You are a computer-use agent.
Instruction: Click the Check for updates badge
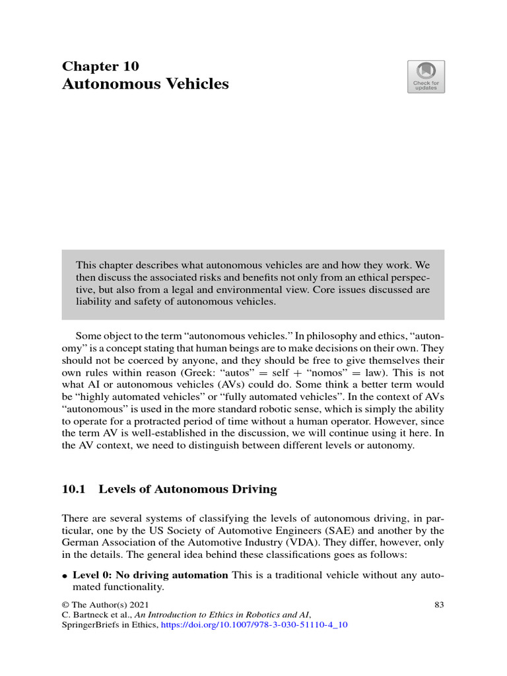tap(426, 77)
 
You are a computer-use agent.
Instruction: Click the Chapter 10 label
tap(100, 66)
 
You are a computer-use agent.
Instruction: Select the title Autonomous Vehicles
tap(145, 84)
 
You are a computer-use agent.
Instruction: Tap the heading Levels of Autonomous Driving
tap(187, 489)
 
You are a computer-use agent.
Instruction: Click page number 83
tap(439, 604)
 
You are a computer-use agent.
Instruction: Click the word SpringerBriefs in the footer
tap(89, 625)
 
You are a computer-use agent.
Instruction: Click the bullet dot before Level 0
tap(65, 576)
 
